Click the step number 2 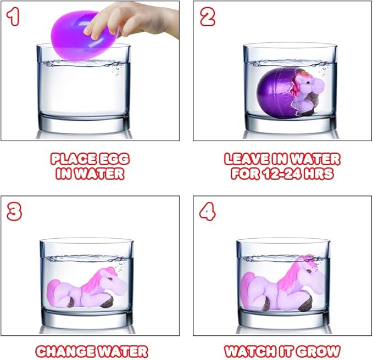[x=208, y=16]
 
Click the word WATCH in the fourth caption [x=250, y=351]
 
